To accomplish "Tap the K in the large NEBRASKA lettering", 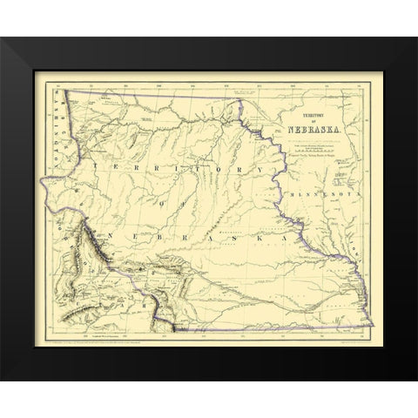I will (254, 236).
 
